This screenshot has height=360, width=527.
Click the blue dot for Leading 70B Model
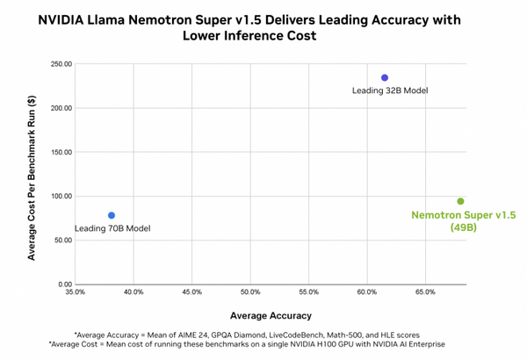click(112, 215)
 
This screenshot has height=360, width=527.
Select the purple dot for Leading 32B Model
click(385, 78)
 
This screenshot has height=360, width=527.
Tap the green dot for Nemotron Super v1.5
click(460, 201)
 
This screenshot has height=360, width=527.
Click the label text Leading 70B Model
click(112, 228)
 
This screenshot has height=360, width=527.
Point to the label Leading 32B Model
click(390, 90)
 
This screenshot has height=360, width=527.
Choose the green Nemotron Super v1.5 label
click(463, 215)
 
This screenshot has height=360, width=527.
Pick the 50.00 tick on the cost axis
click(61, 240)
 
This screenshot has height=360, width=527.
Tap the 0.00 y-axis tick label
click(63, 284)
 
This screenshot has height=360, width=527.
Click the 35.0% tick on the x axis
click(76, 292)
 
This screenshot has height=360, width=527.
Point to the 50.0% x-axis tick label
click(250, 292)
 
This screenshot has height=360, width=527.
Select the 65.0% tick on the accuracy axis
click(425, 292)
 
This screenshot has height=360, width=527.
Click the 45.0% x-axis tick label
click(192, 292)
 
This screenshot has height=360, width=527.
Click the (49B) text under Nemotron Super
click(463, 227)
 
